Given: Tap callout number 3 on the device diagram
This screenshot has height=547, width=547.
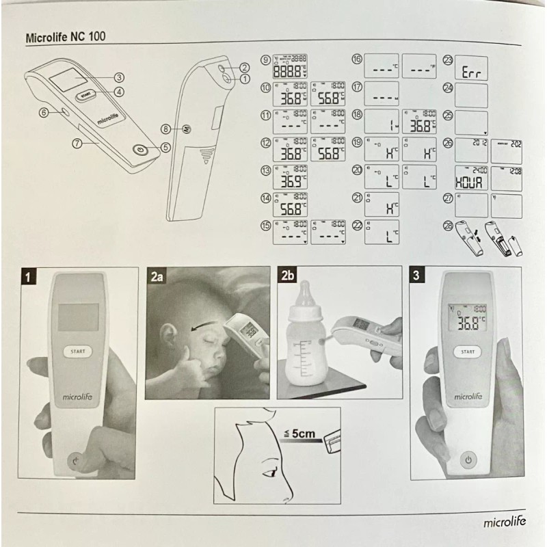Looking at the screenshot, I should click(118, 77).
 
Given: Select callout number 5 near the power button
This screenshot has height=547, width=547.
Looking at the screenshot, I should click(165, 146).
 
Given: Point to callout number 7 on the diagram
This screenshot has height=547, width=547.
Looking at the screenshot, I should click(77, 143).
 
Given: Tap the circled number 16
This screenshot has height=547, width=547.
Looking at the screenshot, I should click(356, 59).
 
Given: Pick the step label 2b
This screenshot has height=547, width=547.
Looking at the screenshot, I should click(287, 277).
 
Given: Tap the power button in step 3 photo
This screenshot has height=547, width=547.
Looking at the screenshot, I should click(468, 460).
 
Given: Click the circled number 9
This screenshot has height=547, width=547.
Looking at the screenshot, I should click(265, 59).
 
